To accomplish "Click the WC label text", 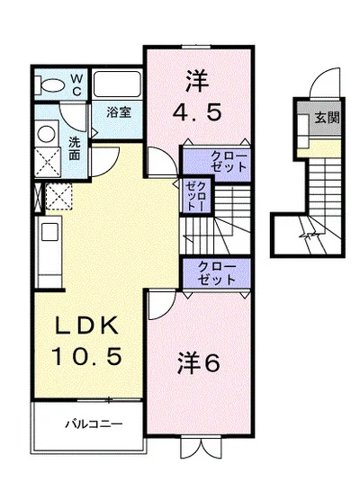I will click(x=76, y=85).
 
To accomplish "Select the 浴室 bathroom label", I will click(x=118, y=113).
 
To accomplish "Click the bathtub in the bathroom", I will click(x=116, y=86).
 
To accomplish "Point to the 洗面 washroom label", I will click(x=75, y=147).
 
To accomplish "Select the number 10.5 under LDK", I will click(x=79, y=356).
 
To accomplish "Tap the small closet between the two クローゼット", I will click(x=196, y=195).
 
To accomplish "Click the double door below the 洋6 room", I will click(x=197, y=446).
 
